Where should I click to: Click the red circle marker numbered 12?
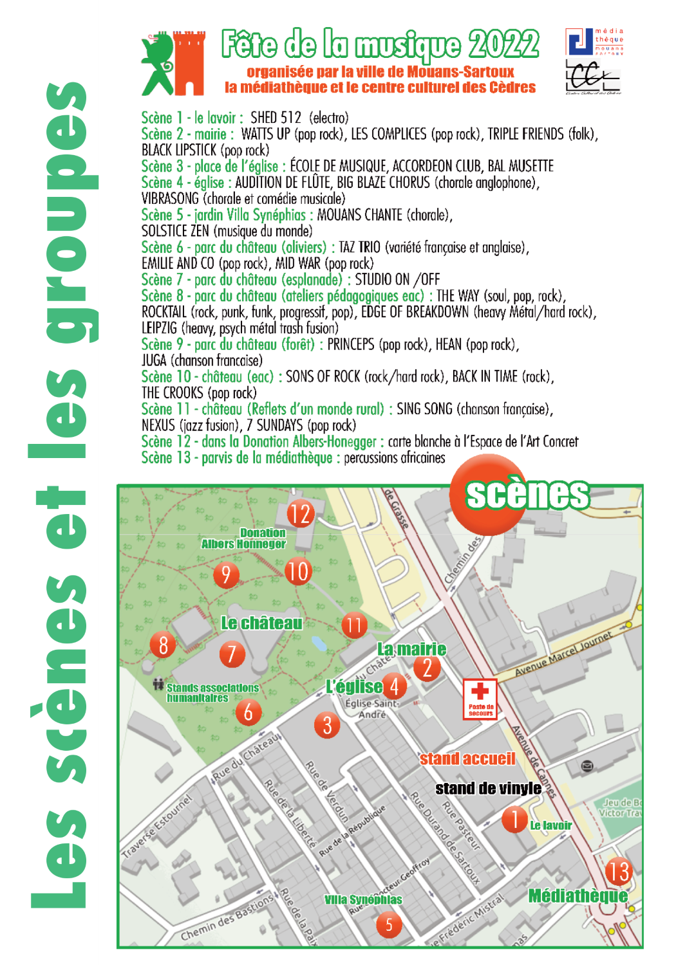click(x=300, y=513)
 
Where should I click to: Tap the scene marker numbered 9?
click(x=226, y=574)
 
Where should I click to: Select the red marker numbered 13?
click(x=618, y=872)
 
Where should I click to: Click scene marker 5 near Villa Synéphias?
click(x=389, y=925)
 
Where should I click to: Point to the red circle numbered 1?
click(x=514, y=819)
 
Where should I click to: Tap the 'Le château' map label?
click(x=261, y=623)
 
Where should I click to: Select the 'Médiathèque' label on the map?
click(x=577, y=896)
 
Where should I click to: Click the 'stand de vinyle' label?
click(x=488, y=788)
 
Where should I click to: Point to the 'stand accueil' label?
click(x=467, y=759)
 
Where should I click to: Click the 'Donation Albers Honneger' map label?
click(x=244, y=538)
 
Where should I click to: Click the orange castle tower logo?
click(x=190, y=63)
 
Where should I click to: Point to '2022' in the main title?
click(x=504, y=44)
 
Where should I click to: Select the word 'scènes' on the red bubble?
click(x=527, y=494)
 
